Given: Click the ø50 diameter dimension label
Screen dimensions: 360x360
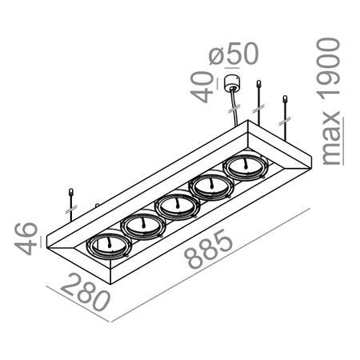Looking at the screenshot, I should pos(235,54).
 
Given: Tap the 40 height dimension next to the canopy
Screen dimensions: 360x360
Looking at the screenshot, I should pos(206,86).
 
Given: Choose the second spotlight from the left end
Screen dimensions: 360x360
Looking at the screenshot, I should pos(142,226).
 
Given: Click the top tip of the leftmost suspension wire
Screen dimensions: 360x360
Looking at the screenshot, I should pos(70,191).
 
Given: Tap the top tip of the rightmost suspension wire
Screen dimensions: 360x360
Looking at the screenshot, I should pos(286,98).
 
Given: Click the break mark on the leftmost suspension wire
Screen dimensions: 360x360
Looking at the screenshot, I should pos(70,210).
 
